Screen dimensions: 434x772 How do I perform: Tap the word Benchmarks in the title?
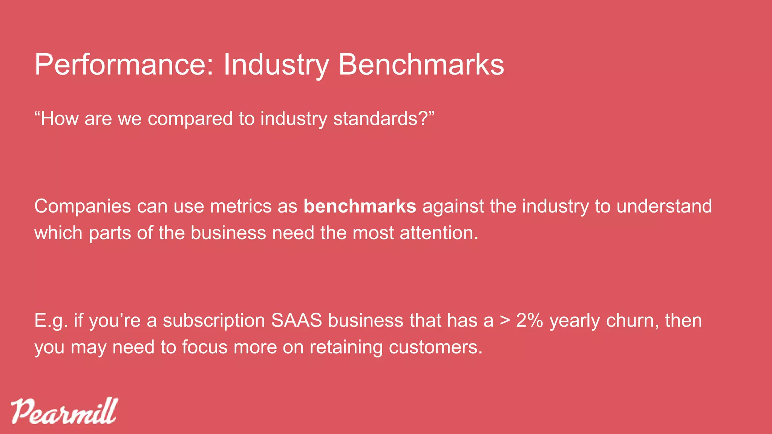pos(421,65)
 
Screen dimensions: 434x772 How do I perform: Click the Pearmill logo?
pos(64,411)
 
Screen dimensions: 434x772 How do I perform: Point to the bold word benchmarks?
pos(360,206)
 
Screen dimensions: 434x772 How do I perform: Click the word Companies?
pos(83,206)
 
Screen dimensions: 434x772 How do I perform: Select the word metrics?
pos(240,206)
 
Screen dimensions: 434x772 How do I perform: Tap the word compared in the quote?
pos(190,119)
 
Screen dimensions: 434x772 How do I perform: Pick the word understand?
pos(664,206)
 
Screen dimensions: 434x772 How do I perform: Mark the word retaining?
pos(346,347)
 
